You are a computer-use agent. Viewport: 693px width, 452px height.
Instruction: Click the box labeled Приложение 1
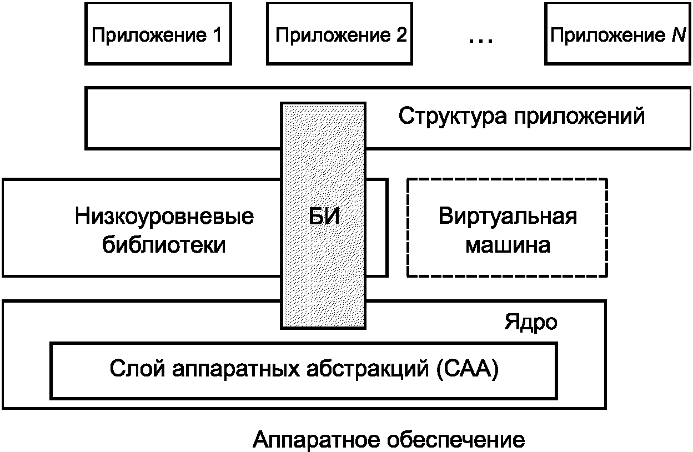coord(157,34)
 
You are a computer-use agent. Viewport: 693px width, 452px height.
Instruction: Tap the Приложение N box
coord(616,34)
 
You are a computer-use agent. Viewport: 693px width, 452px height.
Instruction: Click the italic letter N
coord(672,36)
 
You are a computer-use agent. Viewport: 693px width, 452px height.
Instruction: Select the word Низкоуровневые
coord(164,216)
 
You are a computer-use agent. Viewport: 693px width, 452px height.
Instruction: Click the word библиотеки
coord(164,245)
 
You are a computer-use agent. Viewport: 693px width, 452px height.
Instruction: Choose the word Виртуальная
coord(508,216)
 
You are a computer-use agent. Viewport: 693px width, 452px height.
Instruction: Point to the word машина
coord(508,245)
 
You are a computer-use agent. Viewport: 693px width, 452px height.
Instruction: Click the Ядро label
coord(531,323)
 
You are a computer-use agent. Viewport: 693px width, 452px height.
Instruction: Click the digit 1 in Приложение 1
coord(215,36)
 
